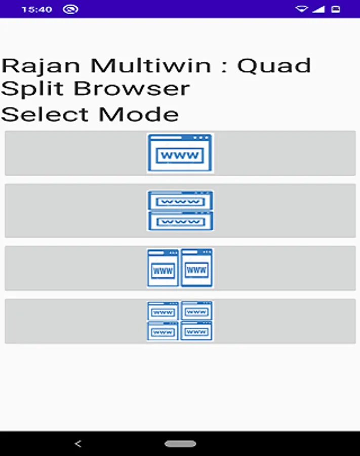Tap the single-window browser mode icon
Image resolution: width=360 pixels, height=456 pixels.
click(x=180, y=153)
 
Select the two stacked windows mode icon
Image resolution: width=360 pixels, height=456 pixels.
click(x=180, y=211)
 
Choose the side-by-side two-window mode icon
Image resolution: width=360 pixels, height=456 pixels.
click(x=180, y=268)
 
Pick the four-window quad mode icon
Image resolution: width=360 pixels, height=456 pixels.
click(x=180, y=321)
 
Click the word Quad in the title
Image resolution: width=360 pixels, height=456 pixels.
click(x=274, y=66)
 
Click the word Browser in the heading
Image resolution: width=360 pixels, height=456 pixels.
click(x=132, y=89)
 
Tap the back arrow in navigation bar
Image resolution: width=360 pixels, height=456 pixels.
click(x=77, y=444)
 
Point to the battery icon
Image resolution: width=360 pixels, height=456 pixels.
click(x=335, y=9)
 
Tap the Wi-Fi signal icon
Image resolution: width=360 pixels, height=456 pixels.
click(x=302, y=9)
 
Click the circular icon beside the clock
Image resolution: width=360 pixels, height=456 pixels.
click(x=71, y=9)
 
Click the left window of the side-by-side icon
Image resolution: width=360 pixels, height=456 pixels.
click(x=163, y=268)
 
